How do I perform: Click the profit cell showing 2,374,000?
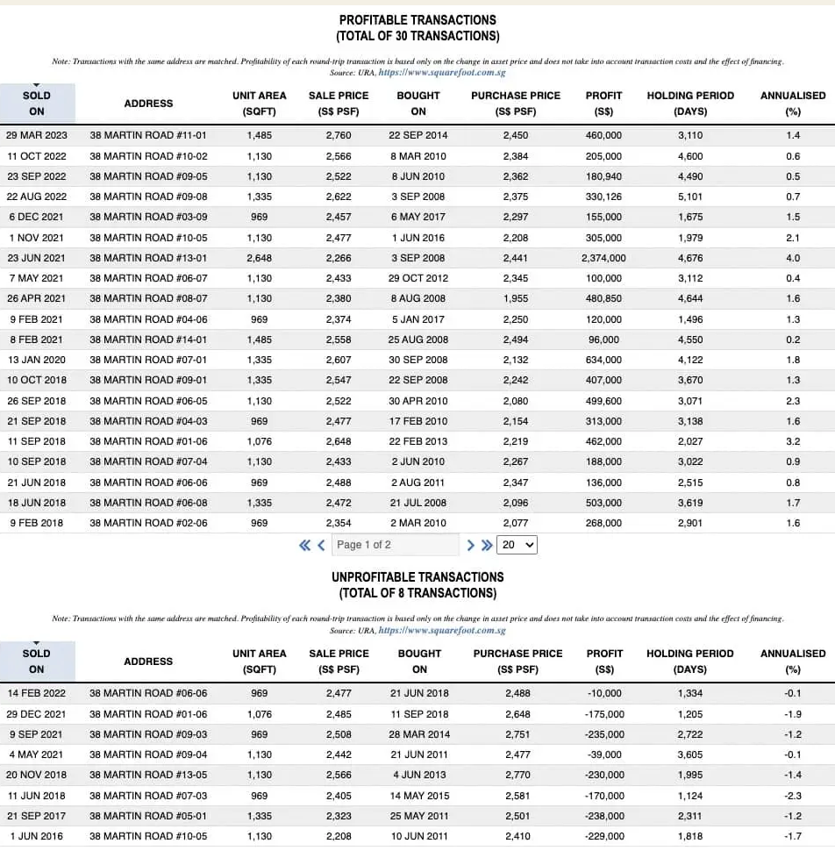603,258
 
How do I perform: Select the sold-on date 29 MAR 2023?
37,136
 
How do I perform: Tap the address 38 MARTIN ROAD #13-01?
148,258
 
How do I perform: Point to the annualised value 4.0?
793,258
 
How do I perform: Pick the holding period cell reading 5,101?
690,197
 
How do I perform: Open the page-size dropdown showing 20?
517,545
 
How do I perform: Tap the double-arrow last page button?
487,545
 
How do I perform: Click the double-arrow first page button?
305,545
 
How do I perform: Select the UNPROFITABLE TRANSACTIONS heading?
417,576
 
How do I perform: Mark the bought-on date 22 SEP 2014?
418,136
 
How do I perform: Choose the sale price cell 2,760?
338,136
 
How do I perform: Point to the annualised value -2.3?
793,796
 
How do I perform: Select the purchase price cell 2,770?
517,776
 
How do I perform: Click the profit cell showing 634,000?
603,360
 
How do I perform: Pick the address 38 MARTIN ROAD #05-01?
148,816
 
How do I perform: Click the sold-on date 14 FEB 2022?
37,694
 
